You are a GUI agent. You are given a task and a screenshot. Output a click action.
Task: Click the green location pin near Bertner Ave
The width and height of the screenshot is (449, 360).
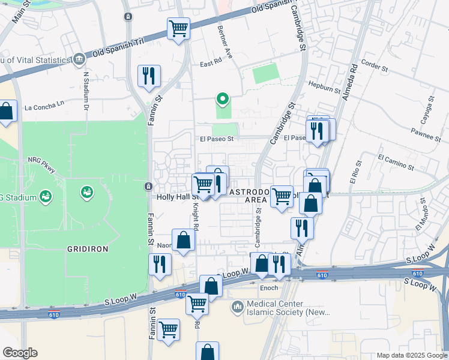tap(223, 98)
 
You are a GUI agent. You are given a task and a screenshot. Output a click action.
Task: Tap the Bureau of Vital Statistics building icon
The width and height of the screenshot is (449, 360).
tap(79, 59)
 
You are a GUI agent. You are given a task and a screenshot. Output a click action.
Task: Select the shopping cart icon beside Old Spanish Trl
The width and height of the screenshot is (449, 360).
tap(178, 28)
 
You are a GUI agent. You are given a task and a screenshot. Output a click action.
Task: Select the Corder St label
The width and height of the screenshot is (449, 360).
tap(376, 62)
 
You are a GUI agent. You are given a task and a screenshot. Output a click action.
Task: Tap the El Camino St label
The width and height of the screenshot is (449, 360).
tap(396, 161)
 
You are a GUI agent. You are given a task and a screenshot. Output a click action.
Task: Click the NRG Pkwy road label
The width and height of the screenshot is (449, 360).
tap(41, 165)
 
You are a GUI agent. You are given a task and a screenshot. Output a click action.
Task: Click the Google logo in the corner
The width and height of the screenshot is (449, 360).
tap(20, 353)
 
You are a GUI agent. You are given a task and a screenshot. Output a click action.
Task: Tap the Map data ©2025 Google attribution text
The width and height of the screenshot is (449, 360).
tap(411, 355)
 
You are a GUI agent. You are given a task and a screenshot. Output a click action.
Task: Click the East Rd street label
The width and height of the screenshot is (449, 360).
tap(211, 64)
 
